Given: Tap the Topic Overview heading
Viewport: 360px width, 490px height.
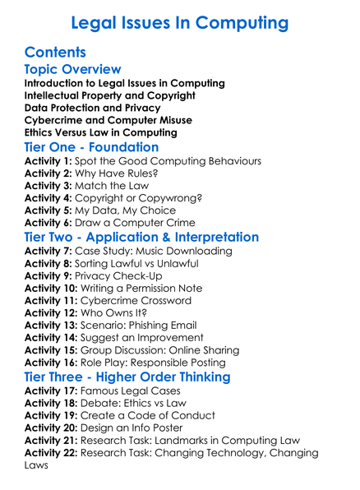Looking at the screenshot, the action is pyautogui.click(x=72, y=70).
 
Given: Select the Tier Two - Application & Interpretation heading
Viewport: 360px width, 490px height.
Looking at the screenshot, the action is pyautogui.click(x=141, y=237).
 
